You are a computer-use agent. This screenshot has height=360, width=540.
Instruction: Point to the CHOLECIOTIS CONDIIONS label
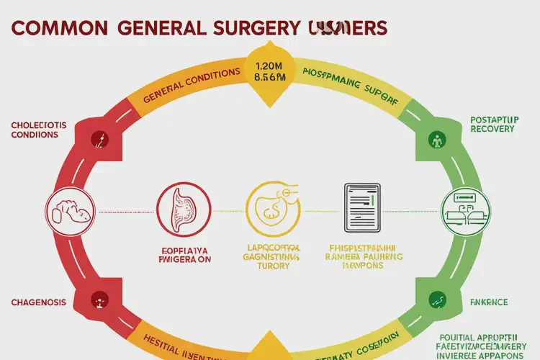(39, 130)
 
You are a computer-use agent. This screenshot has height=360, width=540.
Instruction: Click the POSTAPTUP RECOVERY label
(492, 123)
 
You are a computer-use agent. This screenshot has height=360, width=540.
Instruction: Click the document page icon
(362, 208)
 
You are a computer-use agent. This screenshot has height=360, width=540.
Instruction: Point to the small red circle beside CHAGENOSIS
(98, 297)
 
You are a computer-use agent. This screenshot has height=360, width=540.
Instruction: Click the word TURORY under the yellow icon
(270, 265)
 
